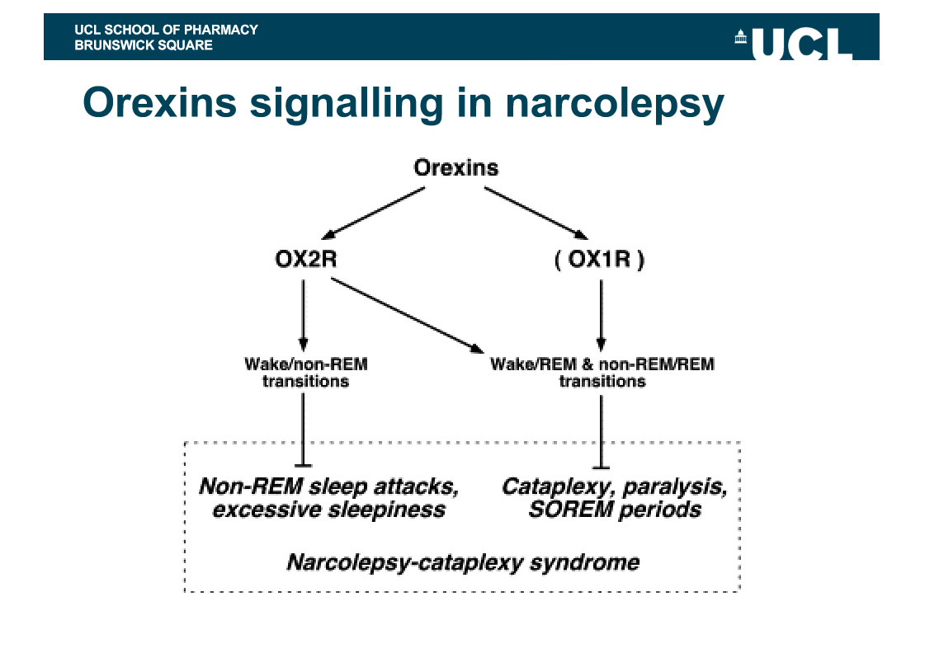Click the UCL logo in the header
[x=793, y=43]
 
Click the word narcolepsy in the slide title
[x=615, y=103]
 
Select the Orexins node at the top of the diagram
[x=455, y=168]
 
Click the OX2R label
[x=305, y=261]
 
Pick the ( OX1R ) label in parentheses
[x=600, y=261]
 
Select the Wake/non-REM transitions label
[x=305, y=373]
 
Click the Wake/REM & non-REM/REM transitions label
[x=602, y=373]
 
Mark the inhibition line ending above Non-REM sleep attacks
[x=304, y=429]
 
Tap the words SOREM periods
[x=615, y=510]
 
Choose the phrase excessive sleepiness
[x=328, y=510]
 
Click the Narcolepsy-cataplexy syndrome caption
[x=462, y=563]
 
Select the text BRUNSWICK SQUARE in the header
[x=143, y=45]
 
